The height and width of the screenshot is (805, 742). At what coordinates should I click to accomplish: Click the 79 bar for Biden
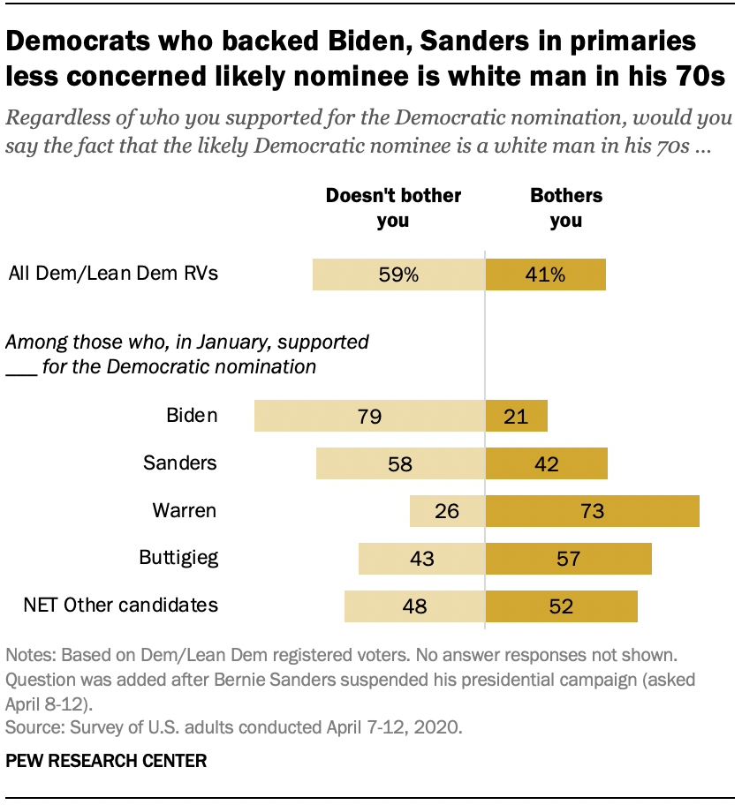pos(369,416)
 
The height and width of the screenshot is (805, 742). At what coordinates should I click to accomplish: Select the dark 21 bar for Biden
pos(517,416)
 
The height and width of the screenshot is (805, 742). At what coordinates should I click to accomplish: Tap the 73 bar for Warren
pos(593,510)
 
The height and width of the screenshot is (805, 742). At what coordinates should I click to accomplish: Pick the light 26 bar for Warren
pos(448,510)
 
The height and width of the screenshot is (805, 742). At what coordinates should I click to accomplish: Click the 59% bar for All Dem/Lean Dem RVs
pos(398,275)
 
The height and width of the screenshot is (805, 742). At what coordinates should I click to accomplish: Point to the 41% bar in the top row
pos(546,275)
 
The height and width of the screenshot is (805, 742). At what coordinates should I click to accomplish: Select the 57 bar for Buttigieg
pos(569,558)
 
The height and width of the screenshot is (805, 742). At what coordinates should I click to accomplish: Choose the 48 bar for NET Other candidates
pos(415,606)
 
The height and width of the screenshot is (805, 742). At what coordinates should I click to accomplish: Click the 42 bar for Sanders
pos(547,463)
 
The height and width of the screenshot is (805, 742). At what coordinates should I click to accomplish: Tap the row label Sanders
pos(180,463)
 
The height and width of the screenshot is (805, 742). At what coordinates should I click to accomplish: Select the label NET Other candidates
pos(120,605)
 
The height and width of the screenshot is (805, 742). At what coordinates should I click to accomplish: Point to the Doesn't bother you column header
pos(393,207)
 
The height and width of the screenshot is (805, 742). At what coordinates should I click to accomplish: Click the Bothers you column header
pos(566,207)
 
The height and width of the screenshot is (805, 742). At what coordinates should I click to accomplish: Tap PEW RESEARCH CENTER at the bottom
pos(106,760)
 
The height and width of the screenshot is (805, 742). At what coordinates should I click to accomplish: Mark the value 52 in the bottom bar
pos(560,606)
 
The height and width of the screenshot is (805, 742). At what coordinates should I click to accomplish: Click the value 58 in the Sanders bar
pos(400,463)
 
